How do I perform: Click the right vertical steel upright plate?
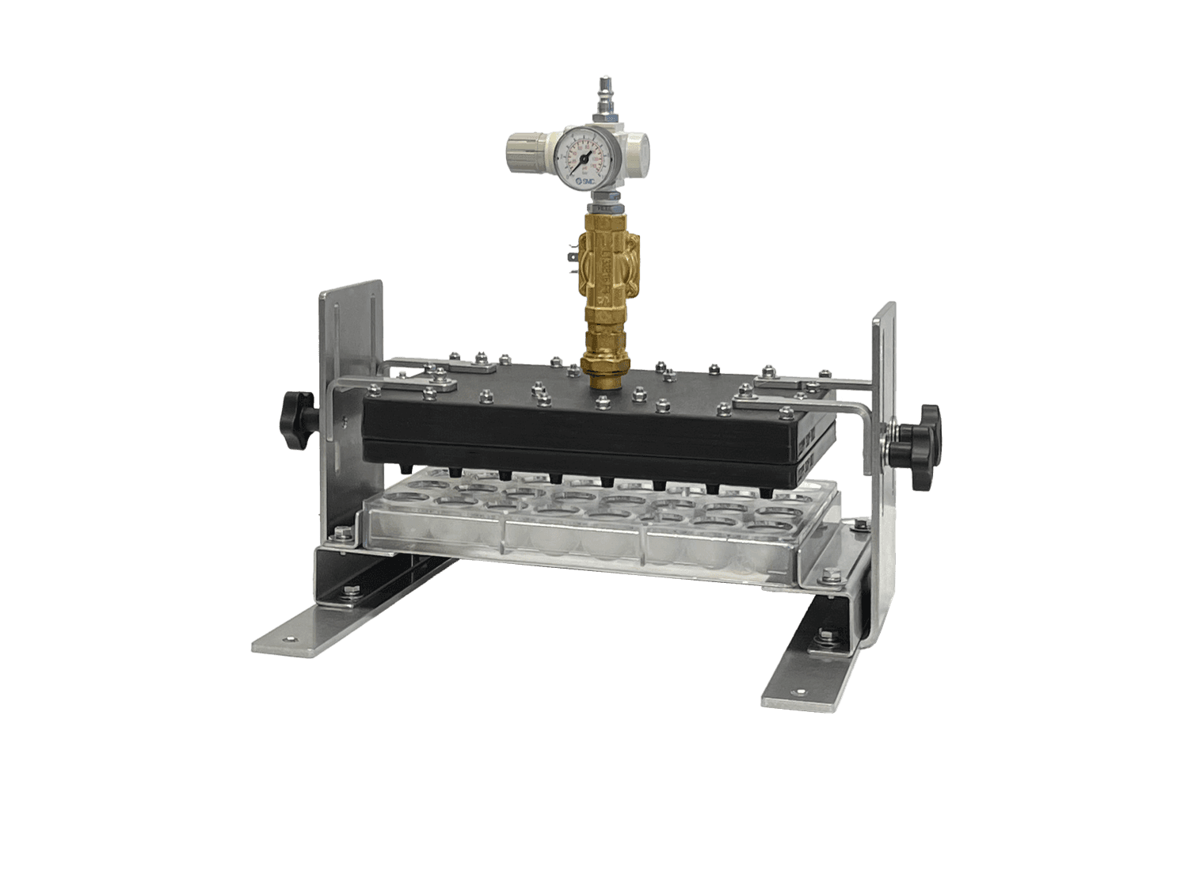884,356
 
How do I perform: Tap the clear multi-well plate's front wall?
578,543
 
